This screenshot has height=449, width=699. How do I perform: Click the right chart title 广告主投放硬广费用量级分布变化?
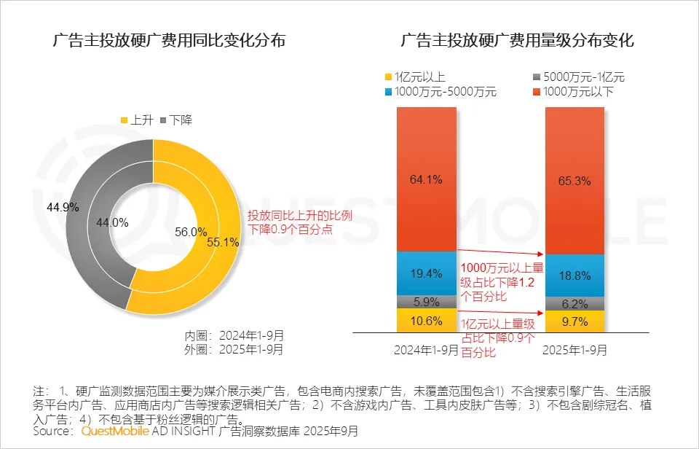point(518,41)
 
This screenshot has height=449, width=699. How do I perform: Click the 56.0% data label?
point(191,232)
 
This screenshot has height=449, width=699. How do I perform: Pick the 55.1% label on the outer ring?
point(224,243)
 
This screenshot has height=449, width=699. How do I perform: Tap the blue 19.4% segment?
point(426,273)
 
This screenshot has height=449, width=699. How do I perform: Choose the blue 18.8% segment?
point(574,275)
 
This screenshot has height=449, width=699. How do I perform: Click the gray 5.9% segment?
point(426,301)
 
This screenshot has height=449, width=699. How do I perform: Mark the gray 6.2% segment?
point(574,303)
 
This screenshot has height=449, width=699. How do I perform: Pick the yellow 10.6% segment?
point(426,320)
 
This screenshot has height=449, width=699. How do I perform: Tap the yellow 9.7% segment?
point(574,321)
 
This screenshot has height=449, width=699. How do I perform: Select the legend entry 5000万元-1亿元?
point(580,77)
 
